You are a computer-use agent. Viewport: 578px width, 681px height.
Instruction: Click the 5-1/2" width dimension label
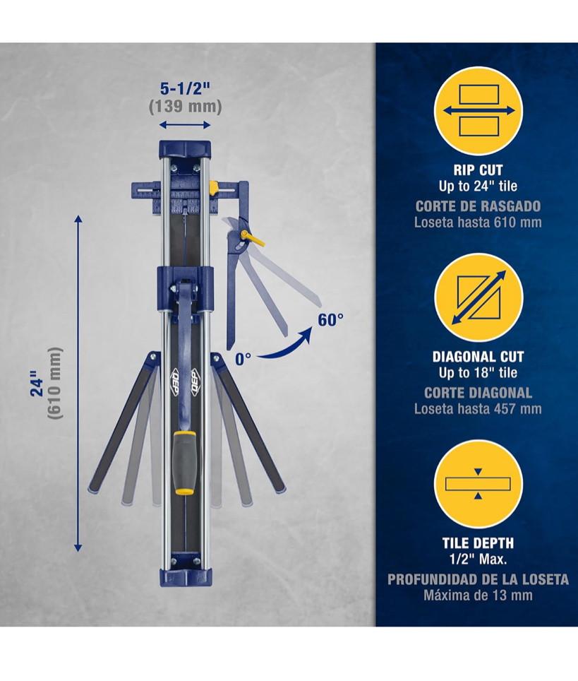click(186, 89)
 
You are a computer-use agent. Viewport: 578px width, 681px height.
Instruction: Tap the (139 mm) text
click(186, 107)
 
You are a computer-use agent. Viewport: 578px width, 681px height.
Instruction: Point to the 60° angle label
click(331, 320)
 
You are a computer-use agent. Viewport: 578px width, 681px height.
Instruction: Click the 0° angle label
click(243, 359)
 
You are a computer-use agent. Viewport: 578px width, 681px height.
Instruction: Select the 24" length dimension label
click(37, 383)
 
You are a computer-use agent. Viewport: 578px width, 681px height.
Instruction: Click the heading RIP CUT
click(478, 170)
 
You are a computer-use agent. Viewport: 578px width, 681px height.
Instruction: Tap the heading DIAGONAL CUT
click(478, 357)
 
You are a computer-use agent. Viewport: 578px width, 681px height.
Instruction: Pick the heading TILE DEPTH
click(478, 543)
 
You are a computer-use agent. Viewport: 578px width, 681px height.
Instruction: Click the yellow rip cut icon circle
click(478, 111)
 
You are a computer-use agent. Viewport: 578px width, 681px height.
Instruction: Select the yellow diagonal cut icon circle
click(478, 298)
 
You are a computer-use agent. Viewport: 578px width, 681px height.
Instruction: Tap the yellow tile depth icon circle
click(478, 484)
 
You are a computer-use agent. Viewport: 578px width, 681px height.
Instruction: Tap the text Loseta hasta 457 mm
click(478, 409)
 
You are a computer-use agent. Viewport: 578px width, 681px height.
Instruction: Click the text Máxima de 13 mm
click(478, 595)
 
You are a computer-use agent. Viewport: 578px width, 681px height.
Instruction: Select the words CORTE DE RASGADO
click(478, 206)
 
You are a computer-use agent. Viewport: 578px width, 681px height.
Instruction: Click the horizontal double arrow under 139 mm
click(185, 126)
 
